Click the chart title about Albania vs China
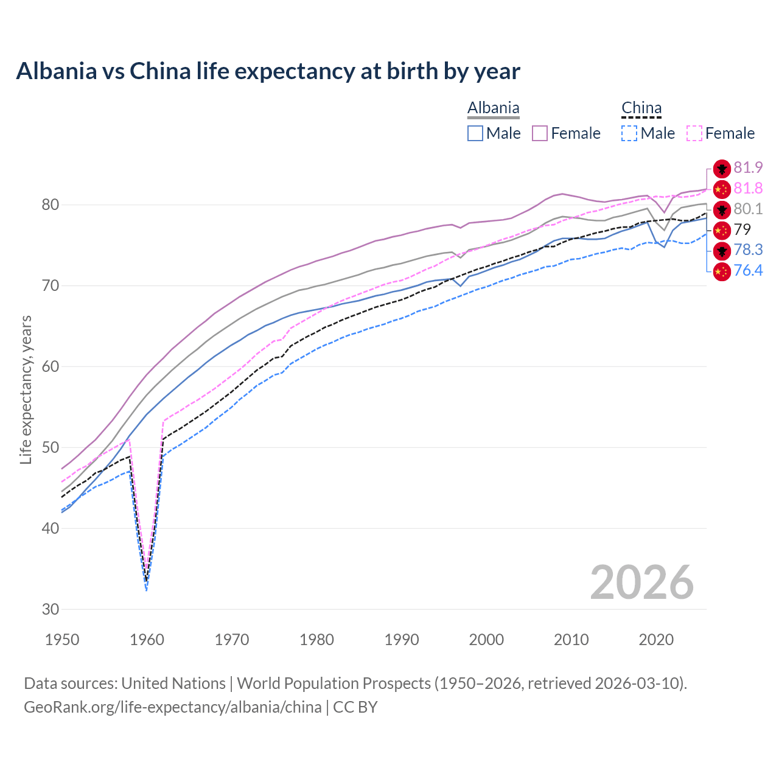[268, 71]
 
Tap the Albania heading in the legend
[493, 108]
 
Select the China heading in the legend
[641, 108]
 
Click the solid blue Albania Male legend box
[475, 133]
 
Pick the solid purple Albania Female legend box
[540, 133]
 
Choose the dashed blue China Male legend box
[629, 133]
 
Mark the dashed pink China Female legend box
[694, 133]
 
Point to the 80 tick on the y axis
[50, 204]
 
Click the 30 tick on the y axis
[50, 609]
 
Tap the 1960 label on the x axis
[147, 640]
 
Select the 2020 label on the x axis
[656, 640]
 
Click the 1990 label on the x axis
[402, 640]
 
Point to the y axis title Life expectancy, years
[26, 389]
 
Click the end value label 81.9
[748, 168]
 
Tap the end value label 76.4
[748, 270]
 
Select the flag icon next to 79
[722, 230]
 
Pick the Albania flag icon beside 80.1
[722, 209]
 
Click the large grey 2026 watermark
[641, 582]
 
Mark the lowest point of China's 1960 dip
[147, 589]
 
